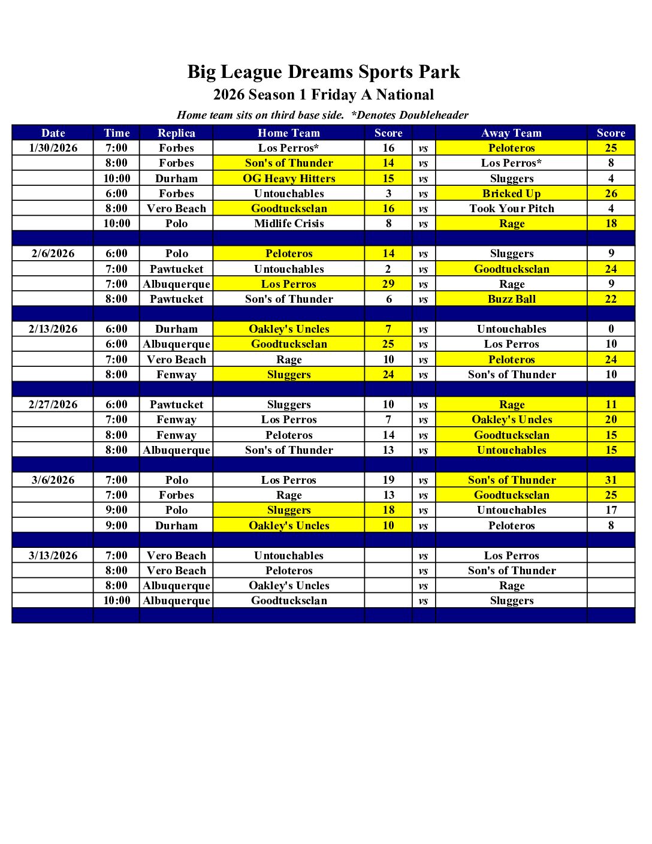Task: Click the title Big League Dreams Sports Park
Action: [324, 72]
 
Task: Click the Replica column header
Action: [176, 133]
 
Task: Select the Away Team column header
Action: [511, 133]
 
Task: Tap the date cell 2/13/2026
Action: [53, 329]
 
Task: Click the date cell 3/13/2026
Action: [53, 556]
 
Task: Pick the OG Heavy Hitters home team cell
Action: [289, 179]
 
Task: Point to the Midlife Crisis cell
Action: [289, 224]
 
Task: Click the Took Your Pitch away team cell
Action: [511, 209]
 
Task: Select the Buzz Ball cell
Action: [511, 299]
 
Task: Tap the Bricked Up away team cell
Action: [511, 194]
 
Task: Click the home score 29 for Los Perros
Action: [388, 284]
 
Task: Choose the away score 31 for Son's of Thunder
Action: [611, 480]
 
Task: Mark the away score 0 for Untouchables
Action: [611, 329]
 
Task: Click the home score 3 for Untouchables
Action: [388, 194]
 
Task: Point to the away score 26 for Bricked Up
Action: [611, 194]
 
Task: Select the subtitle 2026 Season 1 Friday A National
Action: [324, 95]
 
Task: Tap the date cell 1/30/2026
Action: [53, 148]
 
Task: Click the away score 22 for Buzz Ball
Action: [611, 299]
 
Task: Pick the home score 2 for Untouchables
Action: [388, 269]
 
